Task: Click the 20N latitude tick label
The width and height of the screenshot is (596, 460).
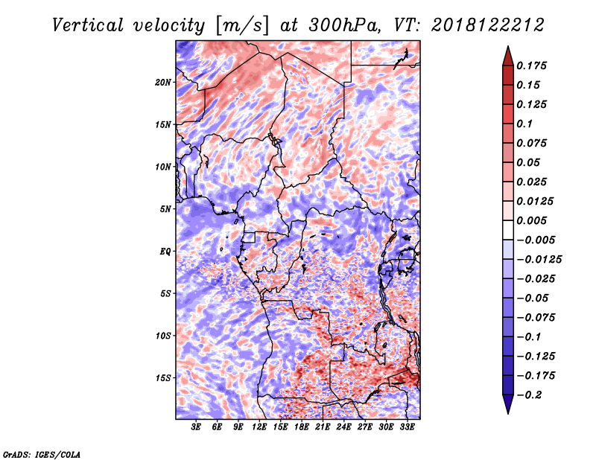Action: (163, 83)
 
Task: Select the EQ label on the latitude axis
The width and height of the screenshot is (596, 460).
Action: (165, 252)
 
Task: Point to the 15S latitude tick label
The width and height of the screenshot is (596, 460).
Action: (163, 378)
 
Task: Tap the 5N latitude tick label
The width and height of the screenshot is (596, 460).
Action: (165, 209)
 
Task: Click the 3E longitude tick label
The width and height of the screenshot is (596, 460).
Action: (196, 427)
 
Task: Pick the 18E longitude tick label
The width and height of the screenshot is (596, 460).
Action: (302, 427)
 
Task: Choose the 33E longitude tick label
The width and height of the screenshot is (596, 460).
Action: (407, 427)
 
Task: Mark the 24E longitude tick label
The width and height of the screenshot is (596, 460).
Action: (343, 427)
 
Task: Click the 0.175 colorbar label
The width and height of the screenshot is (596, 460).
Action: (531, 66)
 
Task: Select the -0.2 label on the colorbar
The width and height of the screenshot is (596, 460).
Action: (528, 395)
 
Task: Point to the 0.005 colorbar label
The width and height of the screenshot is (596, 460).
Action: (531, 220)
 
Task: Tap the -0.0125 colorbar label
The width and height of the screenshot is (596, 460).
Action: (539, 260)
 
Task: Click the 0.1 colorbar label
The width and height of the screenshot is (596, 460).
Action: (524, 124)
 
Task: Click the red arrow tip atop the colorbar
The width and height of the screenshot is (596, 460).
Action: (508, 47)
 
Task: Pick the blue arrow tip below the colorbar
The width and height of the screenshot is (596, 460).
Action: (508, 413)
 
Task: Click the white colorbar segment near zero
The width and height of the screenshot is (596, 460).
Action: (508, 230)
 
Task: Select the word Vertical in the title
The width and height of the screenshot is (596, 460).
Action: (88, 25)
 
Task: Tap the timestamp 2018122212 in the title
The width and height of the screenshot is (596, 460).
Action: (488, 25)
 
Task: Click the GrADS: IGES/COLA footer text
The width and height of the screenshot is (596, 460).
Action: (42, 455)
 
